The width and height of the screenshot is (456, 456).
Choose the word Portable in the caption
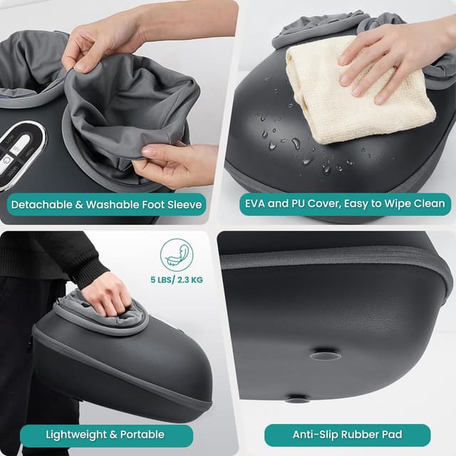[141, 434]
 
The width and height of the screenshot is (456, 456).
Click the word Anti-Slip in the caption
[314, 435]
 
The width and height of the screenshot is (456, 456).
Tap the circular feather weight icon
[177, 254]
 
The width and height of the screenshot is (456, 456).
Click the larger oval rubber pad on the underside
[325, 354]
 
